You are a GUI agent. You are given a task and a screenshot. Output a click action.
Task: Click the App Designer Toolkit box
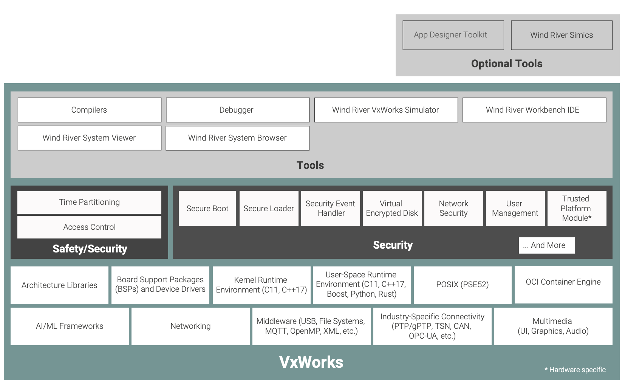[x=453, y=35]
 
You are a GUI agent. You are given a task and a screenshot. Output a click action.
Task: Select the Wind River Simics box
[x=562, y=35]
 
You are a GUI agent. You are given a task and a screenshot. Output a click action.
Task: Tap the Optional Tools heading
[x=507, y=63]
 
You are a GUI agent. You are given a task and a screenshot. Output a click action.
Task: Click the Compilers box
[x=89, y=110]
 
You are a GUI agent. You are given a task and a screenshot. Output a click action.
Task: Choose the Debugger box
[x=237, y=110]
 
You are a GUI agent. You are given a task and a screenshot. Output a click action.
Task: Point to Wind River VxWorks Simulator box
[x=386, y=110]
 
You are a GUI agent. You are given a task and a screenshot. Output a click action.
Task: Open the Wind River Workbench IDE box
[x=534, y=110]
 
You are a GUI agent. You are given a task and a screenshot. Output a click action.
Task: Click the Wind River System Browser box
[x=237, y=138]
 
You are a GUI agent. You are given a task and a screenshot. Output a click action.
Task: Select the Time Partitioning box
[x=89, y=202]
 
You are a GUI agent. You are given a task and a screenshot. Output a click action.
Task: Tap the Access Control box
[x=89, y=227]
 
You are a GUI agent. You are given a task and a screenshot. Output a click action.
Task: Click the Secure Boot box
[x=207, y=209]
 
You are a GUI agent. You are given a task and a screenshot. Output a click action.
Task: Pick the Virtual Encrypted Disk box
[x=392, y=209]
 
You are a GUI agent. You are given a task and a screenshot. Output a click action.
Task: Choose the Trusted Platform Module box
[x=576, y=209]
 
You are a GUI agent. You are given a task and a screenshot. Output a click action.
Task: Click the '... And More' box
[x=546, y=245]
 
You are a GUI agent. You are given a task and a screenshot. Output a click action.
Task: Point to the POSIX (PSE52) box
[x=462, y=285]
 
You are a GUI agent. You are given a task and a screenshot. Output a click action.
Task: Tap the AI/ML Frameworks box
[x=70, y=326]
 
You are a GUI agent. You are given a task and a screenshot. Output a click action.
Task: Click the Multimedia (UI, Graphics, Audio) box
[x=553, y=326]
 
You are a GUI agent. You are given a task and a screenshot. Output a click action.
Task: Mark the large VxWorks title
[x=311, y=362]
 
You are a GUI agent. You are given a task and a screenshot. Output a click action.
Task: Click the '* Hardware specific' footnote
[x=575, y=370]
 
